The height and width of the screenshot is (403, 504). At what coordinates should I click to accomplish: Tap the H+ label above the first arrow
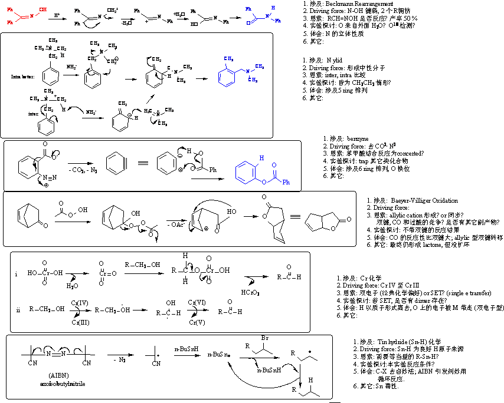pos(57,14)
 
